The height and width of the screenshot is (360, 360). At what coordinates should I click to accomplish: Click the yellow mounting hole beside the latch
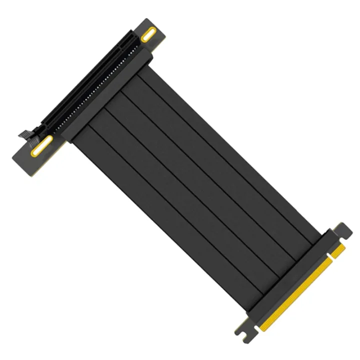coord(42,145)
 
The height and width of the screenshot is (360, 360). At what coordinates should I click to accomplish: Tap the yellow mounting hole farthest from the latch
coord(148,36)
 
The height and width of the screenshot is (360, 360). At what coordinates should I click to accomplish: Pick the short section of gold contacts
coord(338,248)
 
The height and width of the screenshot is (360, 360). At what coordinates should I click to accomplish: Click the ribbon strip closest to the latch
coord(165,210)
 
